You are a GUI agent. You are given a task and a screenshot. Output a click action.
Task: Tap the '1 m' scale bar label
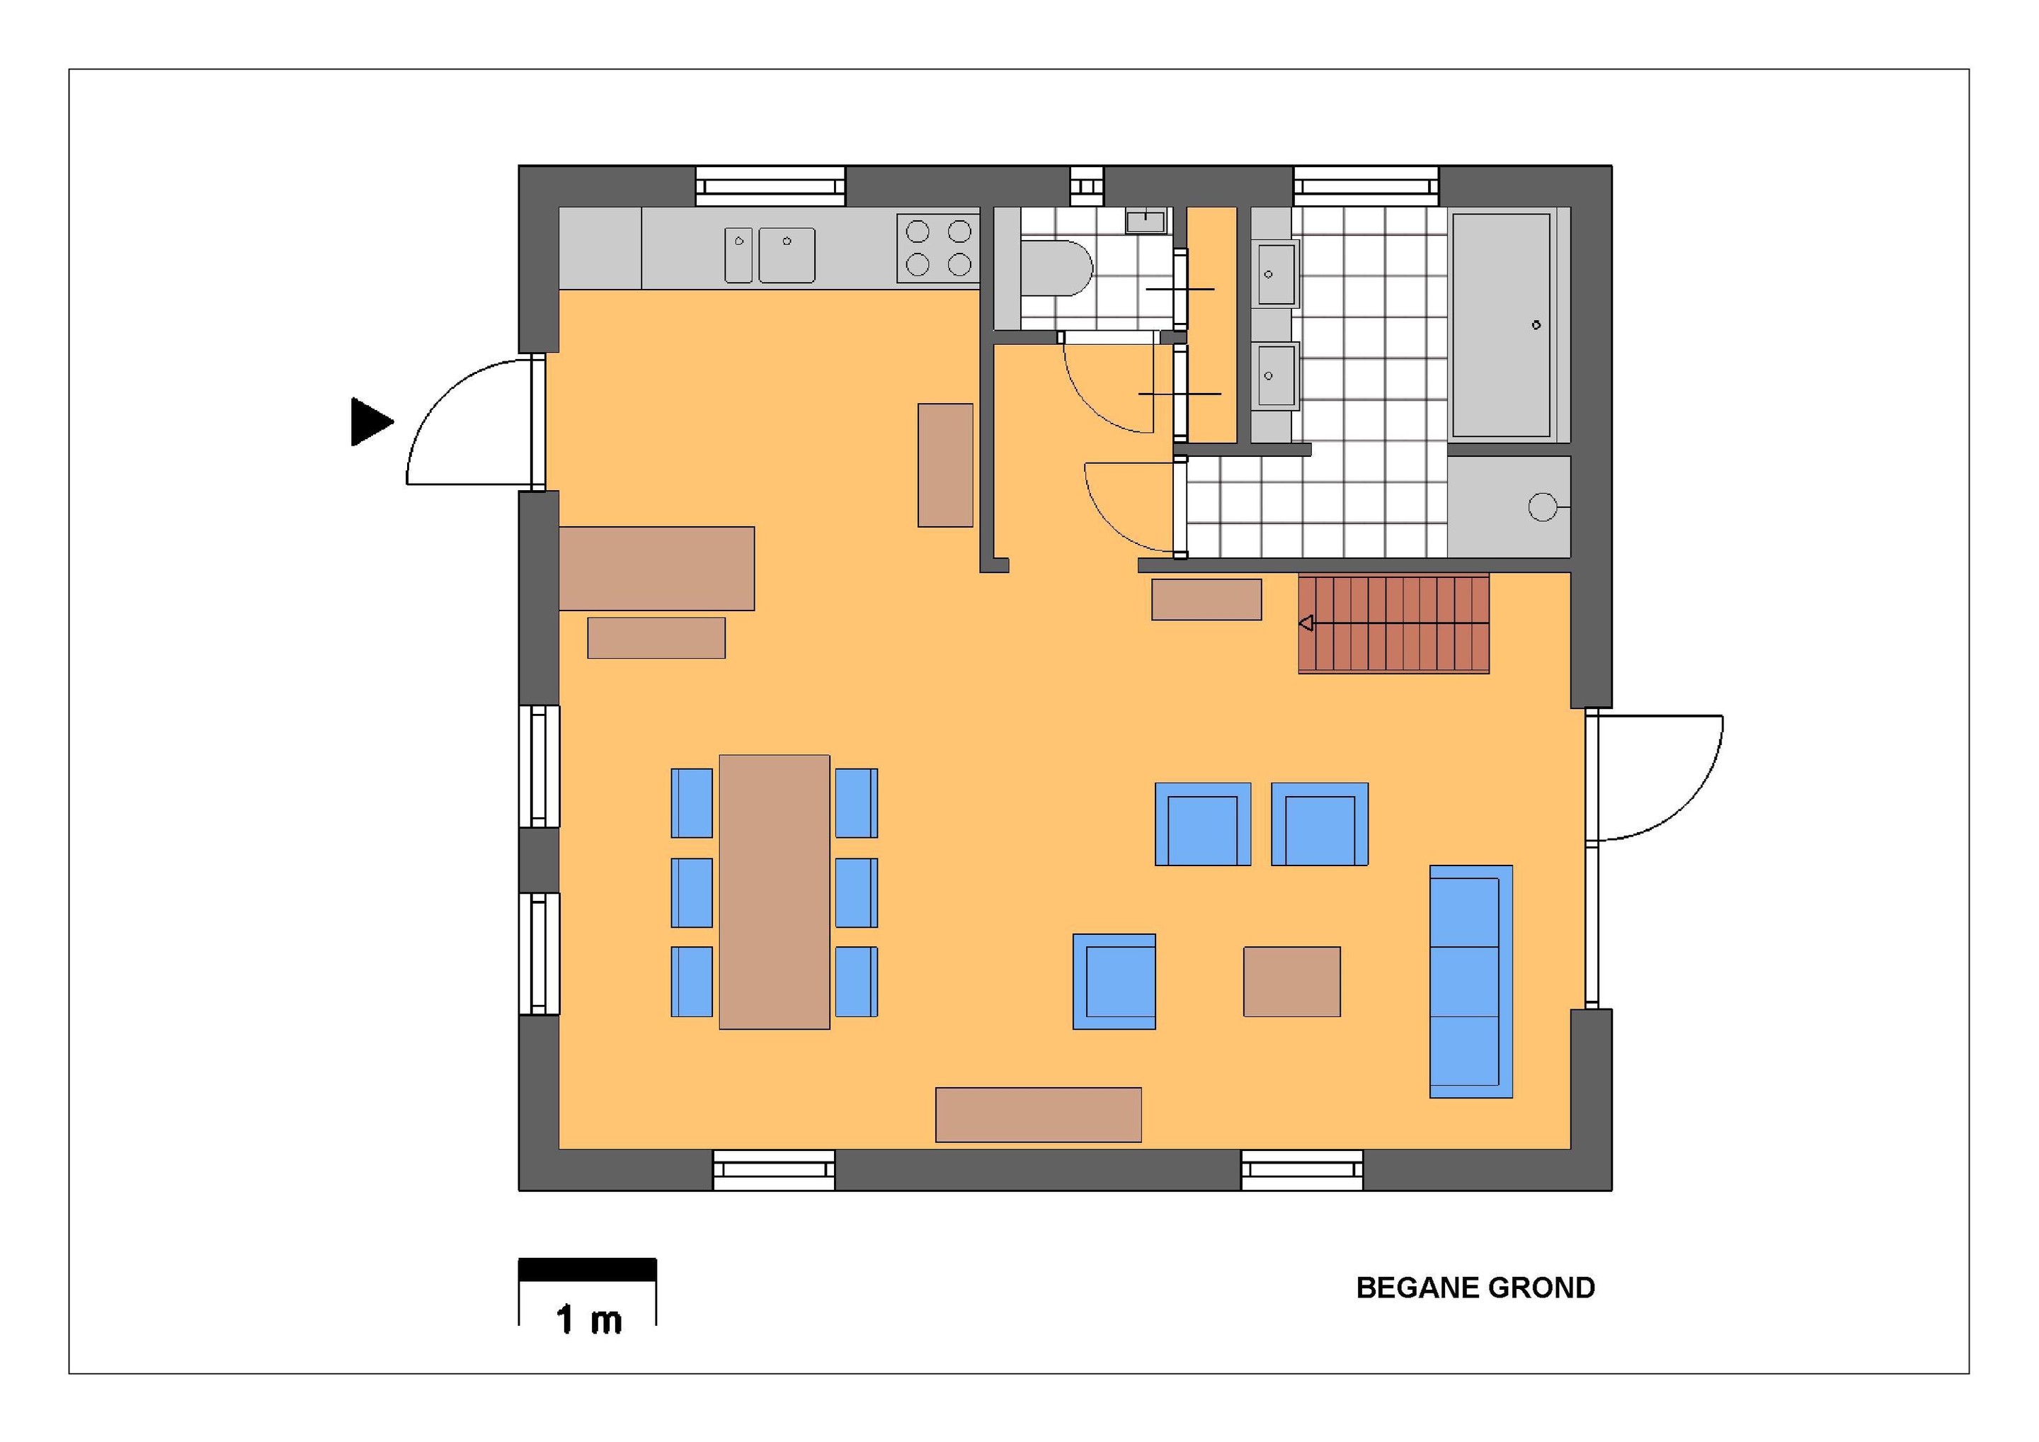click(589, 1320)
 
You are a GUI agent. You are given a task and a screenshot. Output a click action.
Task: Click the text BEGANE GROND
click(1475, 1288)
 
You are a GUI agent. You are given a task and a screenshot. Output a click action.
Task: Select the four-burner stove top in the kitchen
click(938, 248)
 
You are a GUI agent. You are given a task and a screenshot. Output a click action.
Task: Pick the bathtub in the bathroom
click(1501, 324)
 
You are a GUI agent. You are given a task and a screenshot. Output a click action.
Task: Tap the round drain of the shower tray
click(1542, 507)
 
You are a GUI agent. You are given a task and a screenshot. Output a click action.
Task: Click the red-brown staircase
click(1393, 624)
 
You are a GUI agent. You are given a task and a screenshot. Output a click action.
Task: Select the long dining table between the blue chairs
click(775, 892)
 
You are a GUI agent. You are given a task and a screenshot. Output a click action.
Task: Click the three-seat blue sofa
click(1470, 982)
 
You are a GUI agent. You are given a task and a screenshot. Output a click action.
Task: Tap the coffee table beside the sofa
click(1291, 982)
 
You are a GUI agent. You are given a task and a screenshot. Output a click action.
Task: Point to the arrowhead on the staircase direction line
click(1306, 624)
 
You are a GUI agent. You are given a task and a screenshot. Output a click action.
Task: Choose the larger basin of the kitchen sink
click(787, 255)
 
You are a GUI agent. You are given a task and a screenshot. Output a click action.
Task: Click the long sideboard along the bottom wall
click(1038, 1114)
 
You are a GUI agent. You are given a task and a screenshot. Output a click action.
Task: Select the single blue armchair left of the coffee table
click(1114, 982)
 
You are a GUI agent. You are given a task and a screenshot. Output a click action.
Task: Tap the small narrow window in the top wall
click(1086, 186)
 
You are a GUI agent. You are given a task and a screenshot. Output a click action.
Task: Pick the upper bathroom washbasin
click(1277, 273)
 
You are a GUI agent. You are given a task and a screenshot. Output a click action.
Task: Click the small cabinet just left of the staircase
click(1206, 600)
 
